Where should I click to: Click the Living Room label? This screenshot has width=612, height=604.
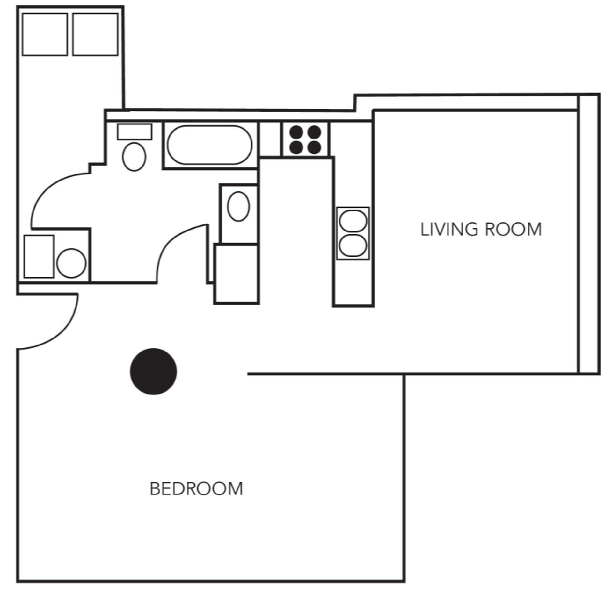481,230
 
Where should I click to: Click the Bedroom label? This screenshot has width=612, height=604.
196,489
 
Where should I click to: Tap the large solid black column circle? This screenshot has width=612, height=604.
153,371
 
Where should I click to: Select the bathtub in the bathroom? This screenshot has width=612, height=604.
209,145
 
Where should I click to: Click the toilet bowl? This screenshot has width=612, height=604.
134,157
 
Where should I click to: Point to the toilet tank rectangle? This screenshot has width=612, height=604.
135,131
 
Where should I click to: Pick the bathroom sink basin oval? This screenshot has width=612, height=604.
238,206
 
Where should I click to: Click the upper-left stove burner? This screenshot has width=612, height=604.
296,132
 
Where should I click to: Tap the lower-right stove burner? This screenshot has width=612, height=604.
314,147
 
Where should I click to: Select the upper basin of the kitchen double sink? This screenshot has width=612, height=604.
353,221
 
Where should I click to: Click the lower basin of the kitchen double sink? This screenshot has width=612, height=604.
353,245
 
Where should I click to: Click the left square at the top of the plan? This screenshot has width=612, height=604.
45,34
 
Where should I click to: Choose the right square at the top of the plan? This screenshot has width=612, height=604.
95,34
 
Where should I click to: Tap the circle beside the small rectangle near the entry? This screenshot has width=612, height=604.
71,263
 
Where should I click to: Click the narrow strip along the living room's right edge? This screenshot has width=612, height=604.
589,234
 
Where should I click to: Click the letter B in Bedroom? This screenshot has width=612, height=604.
155,489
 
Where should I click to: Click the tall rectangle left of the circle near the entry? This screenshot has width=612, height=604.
39,257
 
